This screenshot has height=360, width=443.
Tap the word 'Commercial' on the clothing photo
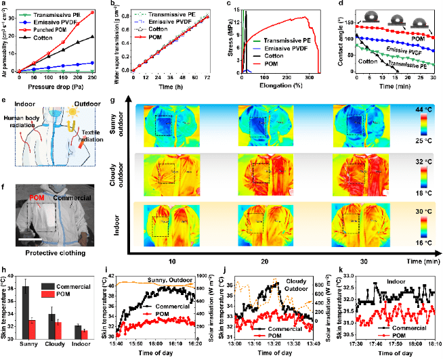tap(73, 198)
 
